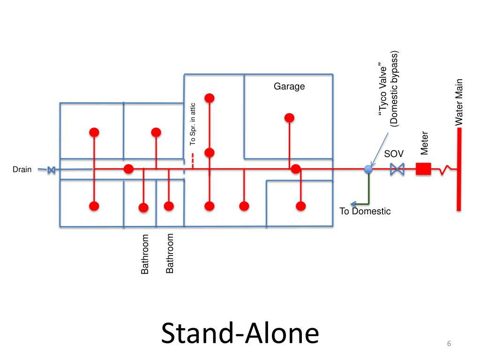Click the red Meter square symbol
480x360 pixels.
tap(423, 169)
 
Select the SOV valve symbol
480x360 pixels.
tap(397, 169)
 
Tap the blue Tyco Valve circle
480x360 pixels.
tap(368, 169)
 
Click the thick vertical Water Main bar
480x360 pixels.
tap(459, 169)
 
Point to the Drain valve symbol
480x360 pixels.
tap(51, 170)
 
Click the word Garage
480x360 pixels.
tap(289, 87)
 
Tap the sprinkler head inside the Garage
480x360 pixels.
tap(290, 118)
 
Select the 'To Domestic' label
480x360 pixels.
tap(365, 211)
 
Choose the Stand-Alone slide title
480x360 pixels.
tap(240, 334)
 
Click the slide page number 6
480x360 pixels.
tap(449, 345)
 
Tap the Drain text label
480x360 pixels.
tap(22, 170)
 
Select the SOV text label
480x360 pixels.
tap(394, 154)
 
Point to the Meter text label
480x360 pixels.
tap(425, 143)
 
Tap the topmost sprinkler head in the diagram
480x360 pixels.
tap(210, 97)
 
